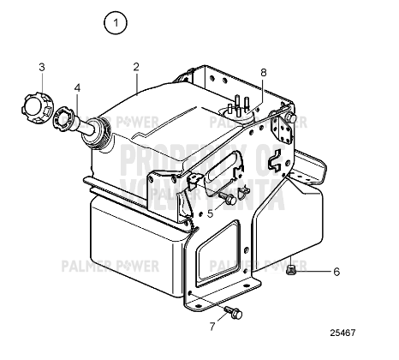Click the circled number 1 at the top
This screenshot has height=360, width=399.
pos(114,23)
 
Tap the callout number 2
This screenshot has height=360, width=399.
pos(135,67)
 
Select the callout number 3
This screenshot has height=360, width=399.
pos(41,67)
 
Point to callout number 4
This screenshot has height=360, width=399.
pos(77,87)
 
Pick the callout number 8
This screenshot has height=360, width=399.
pos(263,73)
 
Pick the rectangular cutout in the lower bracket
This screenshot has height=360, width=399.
pos(218,249)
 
